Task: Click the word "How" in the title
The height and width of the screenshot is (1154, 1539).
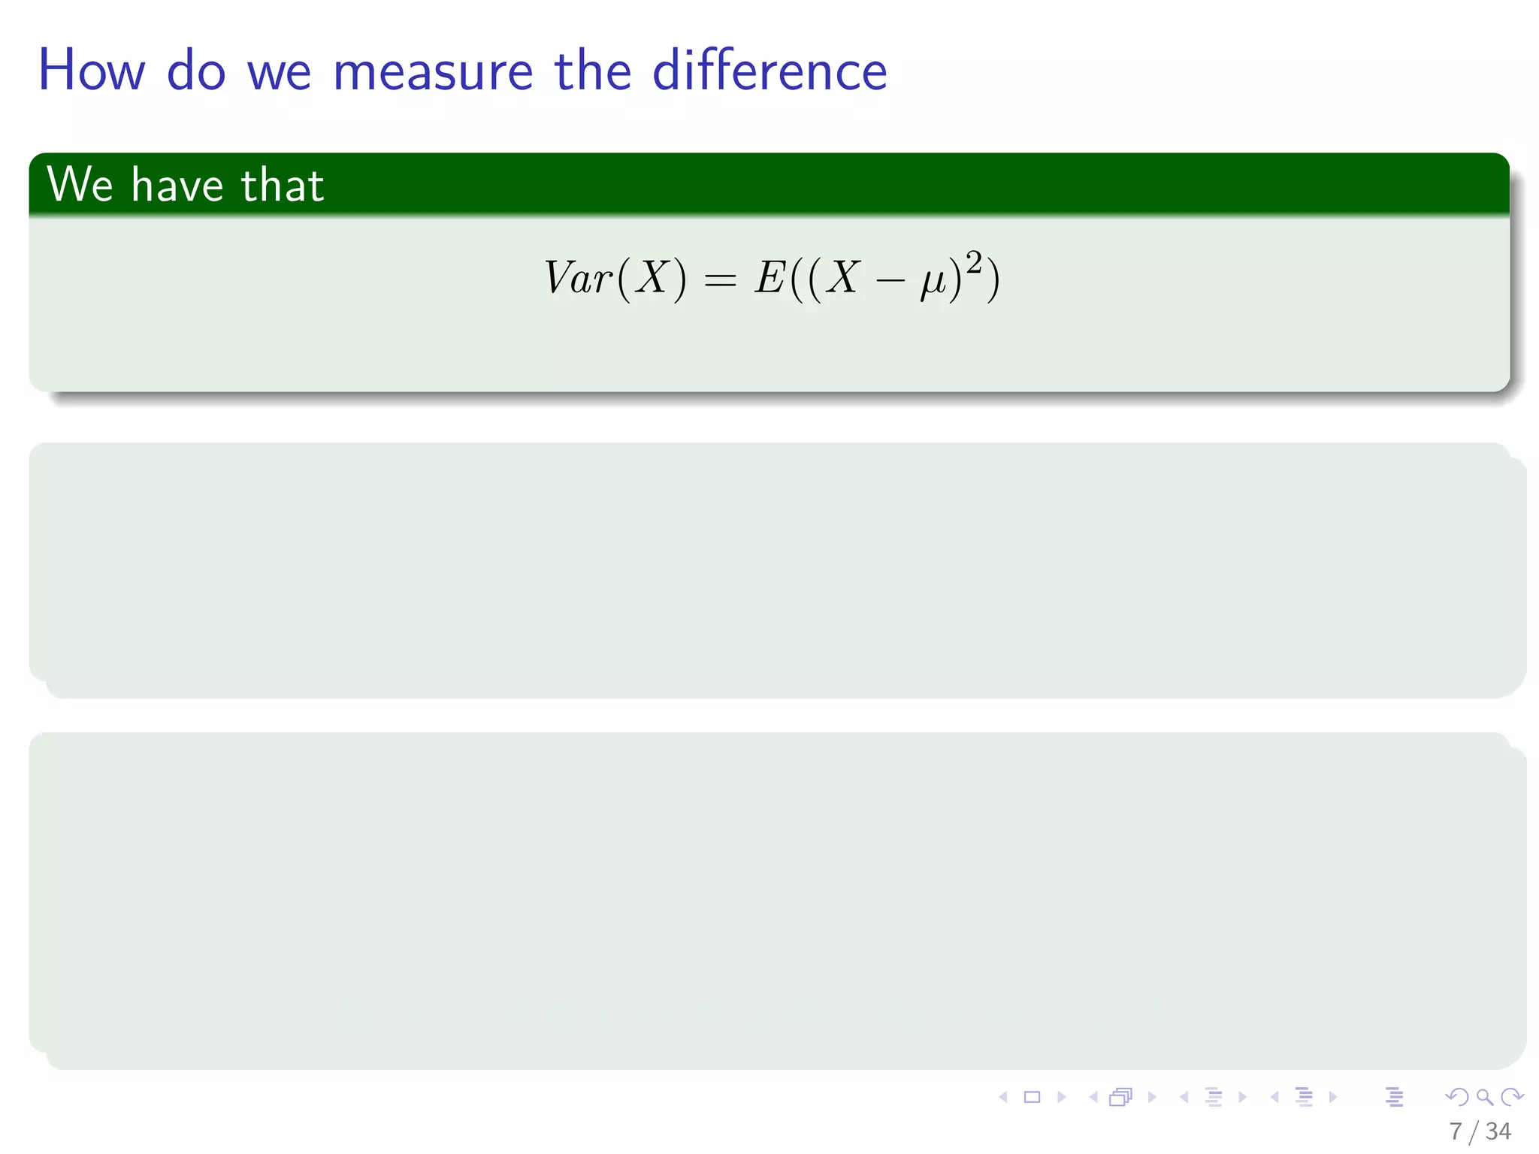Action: [x=91, y=71]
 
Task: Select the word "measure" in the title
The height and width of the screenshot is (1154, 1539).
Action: [x=433, y=72]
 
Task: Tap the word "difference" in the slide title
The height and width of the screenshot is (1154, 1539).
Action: [x=769, y=71]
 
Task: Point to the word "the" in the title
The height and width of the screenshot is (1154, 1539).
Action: [x=592, y=71]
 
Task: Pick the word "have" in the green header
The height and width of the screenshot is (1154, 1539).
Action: [x=177, y=185]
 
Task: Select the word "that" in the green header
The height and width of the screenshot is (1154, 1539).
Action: [x=283, y=185]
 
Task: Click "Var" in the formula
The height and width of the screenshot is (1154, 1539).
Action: [x=578, y=278]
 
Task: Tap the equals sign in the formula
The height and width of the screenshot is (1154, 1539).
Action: [x=720, y=280]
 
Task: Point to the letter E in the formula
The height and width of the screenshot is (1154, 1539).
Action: [x=770, y=278]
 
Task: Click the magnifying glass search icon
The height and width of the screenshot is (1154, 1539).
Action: [x=1485, y=1098]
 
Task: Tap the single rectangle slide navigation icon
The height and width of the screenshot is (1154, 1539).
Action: [x=1033, y=1098]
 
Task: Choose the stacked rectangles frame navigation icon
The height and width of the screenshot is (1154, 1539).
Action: [x=1120, y=1098]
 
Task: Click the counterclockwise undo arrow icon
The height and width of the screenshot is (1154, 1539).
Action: [x=1456, y=1098]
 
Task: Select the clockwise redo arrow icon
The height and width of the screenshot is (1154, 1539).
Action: [x=1513, y=1098]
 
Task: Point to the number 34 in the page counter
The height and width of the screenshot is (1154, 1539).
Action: [x=1498, y=1131]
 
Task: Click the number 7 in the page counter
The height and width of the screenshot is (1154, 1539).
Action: [x=1456, y=1131]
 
